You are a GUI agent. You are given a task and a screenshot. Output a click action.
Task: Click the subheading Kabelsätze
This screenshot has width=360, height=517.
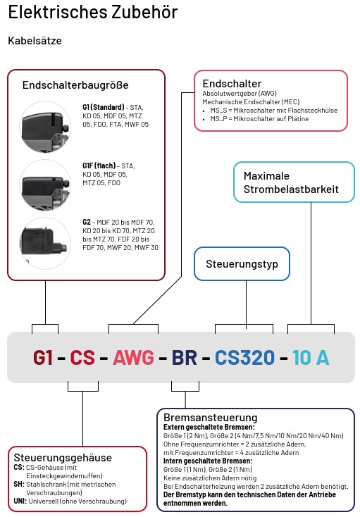click(x=35, y=41)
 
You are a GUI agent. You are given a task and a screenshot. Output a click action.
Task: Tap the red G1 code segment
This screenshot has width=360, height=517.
click(x=43, y=358)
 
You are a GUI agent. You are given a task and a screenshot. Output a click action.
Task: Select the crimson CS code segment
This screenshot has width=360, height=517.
click(x=82, y=358)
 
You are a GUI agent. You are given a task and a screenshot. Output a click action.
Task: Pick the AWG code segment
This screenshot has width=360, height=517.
click(x=133, y=358)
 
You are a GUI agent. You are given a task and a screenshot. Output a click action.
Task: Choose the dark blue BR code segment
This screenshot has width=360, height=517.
click(x=185, y=358)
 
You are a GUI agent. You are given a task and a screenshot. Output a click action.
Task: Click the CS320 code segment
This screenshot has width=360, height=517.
click(x=244, y=358)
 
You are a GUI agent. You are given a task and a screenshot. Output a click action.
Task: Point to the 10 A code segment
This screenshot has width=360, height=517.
click(x=311, y=358)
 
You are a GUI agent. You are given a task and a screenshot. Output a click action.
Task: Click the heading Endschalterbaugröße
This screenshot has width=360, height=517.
click(x=75, y=85)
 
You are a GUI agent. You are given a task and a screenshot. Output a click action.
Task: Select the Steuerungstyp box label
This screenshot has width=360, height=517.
click(x=242, y=265)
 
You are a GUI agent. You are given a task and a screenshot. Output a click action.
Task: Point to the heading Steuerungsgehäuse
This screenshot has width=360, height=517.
click(x=63, y=458)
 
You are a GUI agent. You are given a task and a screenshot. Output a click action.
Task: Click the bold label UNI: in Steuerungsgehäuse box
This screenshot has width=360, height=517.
click(x=20, y=502)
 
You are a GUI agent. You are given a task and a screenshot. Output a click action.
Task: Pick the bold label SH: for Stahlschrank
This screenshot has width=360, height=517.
click(x=19, y=485)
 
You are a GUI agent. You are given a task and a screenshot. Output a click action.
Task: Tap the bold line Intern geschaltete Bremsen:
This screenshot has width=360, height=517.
click(x=204, y=461)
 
